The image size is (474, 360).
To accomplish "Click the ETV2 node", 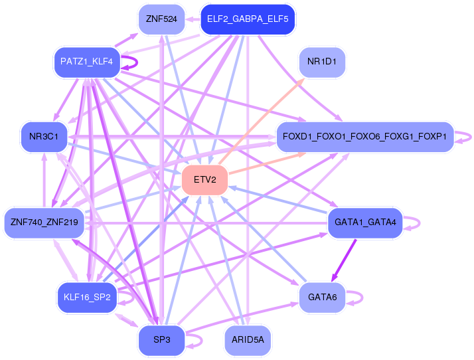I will (205, 181).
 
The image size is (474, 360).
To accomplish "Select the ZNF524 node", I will (161, 19).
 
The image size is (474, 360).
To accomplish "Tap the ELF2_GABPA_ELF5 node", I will (248, 19).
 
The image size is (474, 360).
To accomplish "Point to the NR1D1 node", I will (322, 62).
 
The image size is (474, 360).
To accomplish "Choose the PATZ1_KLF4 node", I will (86, 62).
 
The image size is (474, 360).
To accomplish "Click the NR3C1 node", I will (44, 137).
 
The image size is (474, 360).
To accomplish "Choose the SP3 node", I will (161, 340).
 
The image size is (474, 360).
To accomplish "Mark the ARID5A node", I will (248, 340).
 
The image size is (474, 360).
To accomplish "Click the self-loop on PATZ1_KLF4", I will (133, 63).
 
